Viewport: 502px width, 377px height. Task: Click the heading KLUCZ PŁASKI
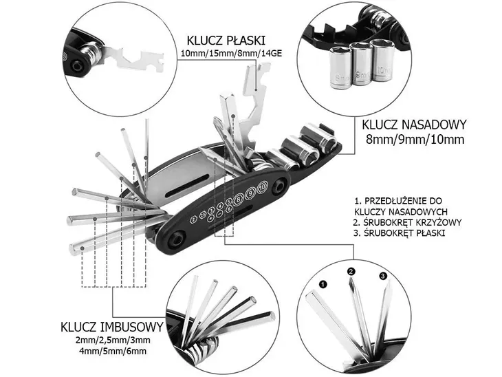click(x=221, y=40)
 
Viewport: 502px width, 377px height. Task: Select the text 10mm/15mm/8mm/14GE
click(x=221, y=54)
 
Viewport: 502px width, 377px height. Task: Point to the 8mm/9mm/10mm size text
click(x=415, y=140)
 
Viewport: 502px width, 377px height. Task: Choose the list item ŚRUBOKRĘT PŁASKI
click(x=403, y=233)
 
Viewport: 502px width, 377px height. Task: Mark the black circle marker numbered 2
click(x=351, y=272)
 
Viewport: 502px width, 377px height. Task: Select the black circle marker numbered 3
click(x=383, y=277)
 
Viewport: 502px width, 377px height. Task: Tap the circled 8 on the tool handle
click(x=238, y=200)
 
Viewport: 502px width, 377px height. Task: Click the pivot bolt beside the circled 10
click(x=279, y=186)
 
